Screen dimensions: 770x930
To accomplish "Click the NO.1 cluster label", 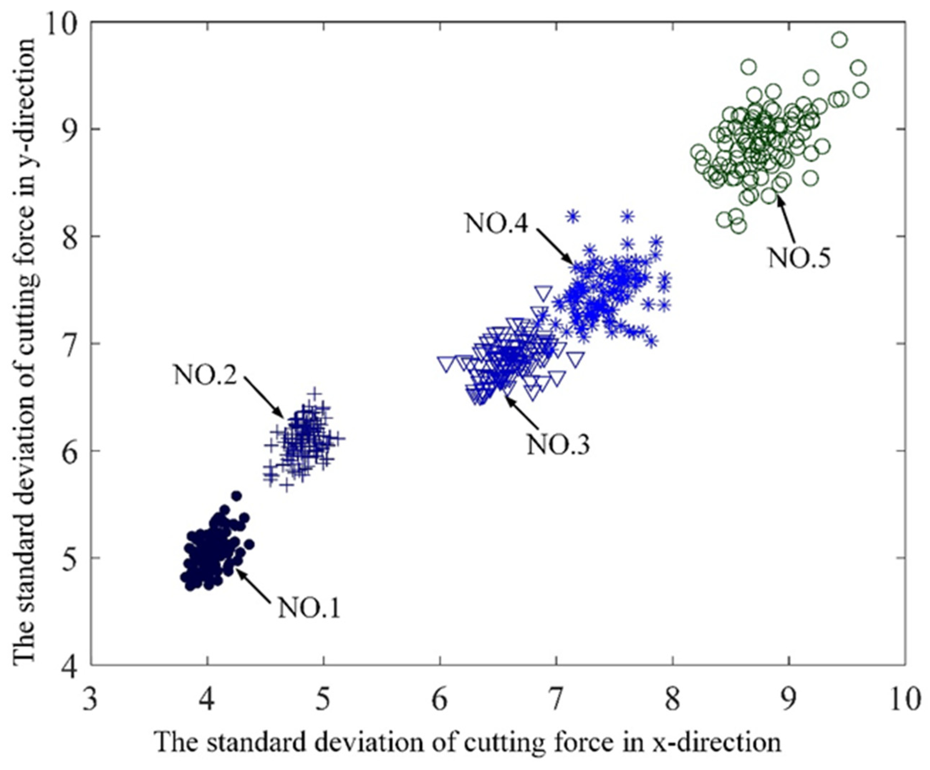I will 309,609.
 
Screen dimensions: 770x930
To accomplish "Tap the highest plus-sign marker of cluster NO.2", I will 314,393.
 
